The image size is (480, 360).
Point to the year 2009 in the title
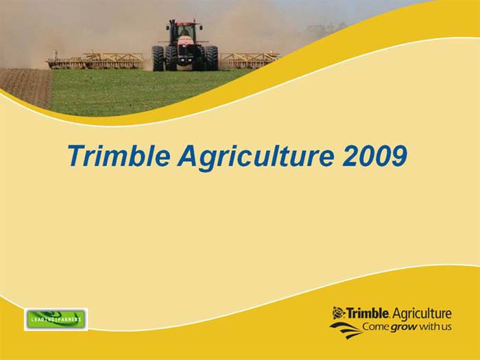tap(374, 156)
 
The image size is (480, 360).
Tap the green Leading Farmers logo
tap(56, 319)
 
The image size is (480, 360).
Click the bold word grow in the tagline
tap(404, 327)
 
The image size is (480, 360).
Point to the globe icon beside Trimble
tap(338, 313)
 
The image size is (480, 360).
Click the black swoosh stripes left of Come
tap(345, 328)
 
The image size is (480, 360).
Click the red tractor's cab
tap(183, 32)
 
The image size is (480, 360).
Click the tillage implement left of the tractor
tap(96, 61)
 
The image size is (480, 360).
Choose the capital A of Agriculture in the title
tap(187, 156)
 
